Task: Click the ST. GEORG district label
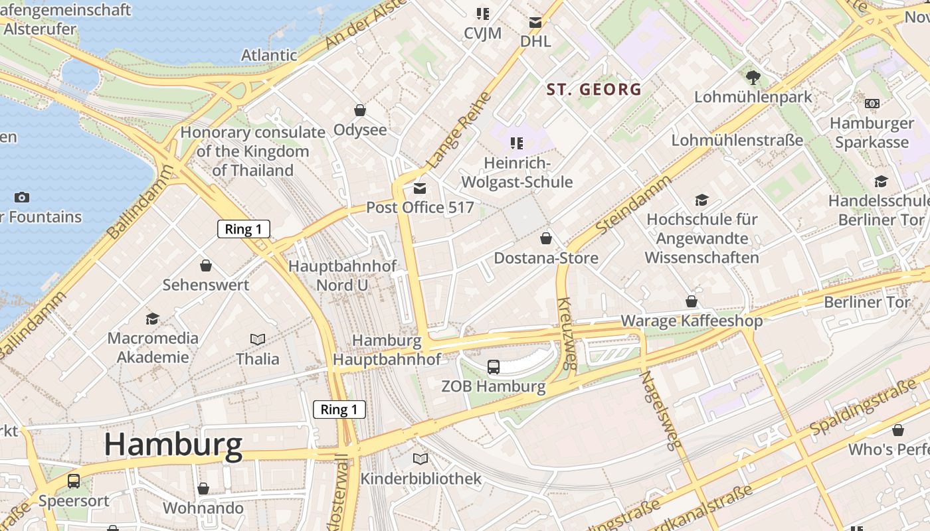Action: [594, 89]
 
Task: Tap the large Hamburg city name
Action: [173, 445]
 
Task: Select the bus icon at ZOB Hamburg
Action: [494, 366]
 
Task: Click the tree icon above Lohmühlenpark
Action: [753, 78]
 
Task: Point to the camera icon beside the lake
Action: [22, 197]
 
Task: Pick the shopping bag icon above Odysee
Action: [360, 110]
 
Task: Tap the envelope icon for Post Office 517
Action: [420, 189]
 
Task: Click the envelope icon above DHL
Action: [535, 23]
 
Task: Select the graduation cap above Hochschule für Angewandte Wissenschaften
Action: [701, 200]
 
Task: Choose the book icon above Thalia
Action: [258, 340]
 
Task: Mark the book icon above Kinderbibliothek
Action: [420, 459]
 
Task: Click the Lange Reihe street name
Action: [459, 129]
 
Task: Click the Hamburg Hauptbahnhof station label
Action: [387, 350]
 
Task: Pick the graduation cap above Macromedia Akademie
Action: [153, 319]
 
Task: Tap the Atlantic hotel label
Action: [269, 55]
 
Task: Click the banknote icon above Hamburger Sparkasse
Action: [872, 104]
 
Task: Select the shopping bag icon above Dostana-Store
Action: [546, 238]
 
